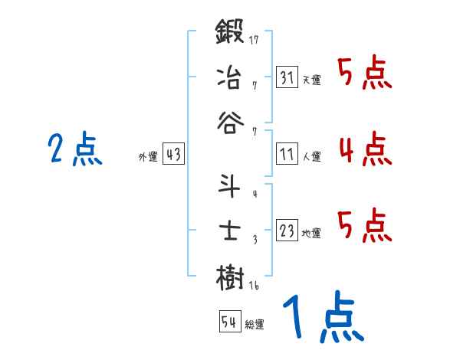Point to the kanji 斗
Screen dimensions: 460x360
230,186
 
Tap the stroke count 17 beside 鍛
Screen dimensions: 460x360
254,39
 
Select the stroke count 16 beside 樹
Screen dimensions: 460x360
254,285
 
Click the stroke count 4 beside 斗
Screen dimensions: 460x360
254,194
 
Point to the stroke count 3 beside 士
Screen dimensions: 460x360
254,240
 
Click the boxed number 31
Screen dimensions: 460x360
287,77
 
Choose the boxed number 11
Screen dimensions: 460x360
287,154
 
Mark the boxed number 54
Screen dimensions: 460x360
228,322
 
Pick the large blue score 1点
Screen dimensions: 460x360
322,318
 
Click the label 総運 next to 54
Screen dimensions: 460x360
255,325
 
